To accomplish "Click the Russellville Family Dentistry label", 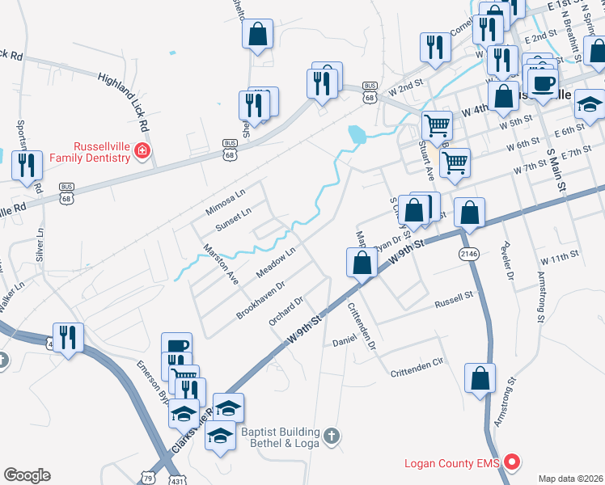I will point(101,151).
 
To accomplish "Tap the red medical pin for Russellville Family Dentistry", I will point(142,151).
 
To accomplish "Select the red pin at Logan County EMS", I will point(511,462).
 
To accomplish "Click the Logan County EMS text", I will point(452,463).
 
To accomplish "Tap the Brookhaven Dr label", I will point(260,299).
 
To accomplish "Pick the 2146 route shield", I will point(468,255).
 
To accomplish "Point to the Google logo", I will point(27,475).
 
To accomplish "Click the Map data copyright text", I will point(571,478).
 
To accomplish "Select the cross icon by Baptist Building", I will point(330,437).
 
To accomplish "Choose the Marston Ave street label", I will point(219,263).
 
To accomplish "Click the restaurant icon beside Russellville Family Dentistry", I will point(29,165).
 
